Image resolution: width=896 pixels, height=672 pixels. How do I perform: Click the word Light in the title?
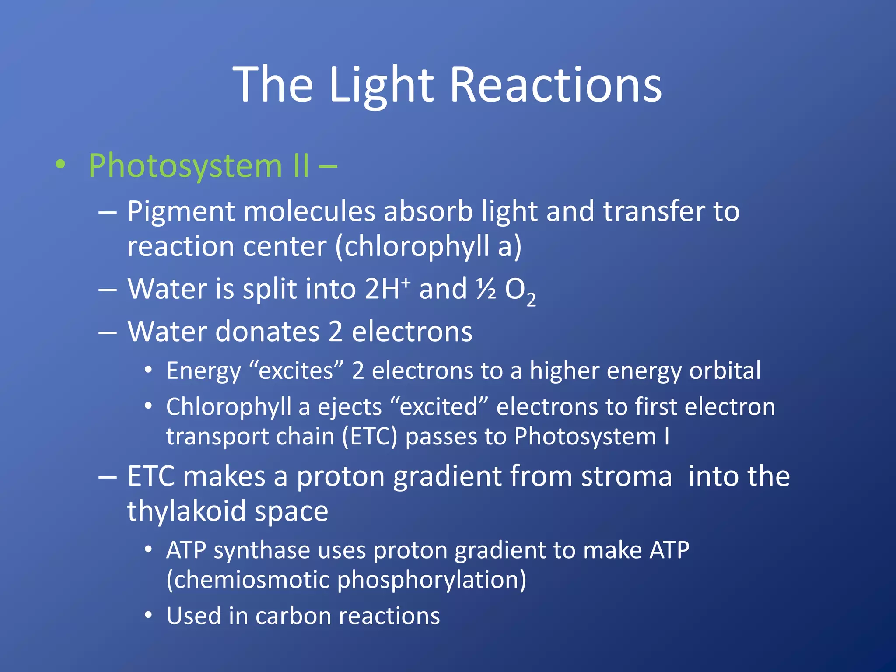click(381, 85)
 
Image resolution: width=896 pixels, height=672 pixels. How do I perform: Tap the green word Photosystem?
click(186, 166)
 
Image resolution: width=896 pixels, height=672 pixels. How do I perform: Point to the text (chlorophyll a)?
click(428, 246)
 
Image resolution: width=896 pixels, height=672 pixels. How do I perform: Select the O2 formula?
click(520, 291)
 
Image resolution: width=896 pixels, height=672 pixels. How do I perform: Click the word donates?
click(267, 331)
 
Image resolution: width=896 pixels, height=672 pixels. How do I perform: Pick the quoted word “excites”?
click(296, 371)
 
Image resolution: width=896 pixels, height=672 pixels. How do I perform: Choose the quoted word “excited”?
click(439, 406)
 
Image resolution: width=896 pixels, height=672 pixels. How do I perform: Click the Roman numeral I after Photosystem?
click(666, 437)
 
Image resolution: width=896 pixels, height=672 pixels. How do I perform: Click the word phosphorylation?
click(431, 580)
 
